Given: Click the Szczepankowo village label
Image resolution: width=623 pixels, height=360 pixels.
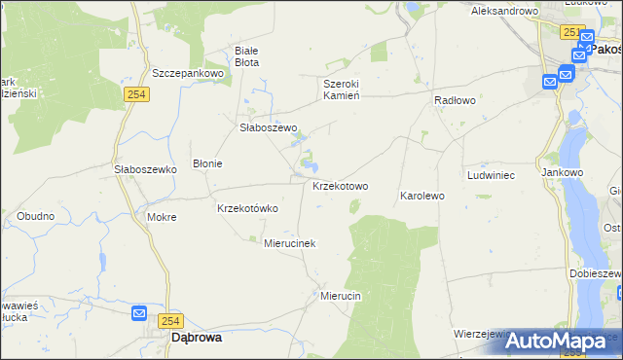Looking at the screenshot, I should point(188,73).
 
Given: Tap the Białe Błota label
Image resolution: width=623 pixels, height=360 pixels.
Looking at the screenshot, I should point(247,55).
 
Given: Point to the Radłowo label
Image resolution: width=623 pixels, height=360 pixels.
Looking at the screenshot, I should point(455,100).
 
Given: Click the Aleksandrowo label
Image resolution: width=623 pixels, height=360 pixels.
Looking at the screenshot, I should point(504,11).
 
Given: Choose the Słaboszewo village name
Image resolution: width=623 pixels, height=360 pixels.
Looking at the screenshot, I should point(268,127).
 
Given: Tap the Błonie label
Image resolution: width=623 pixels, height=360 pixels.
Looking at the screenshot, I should point(207,163).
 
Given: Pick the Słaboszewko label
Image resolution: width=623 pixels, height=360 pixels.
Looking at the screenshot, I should point(144,168).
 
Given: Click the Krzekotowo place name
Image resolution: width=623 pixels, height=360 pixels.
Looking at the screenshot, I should point(340,186).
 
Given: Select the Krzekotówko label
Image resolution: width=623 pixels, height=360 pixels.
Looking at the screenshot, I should point(247,208).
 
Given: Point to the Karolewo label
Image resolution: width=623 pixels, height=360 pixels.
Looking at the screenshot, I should point(421,196).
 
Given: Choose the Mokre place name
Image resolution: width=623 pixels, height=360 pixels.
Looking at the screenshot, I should point(162,217).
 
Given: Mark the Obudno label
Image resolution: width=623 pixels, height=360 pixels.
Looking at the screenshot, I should point(35,215).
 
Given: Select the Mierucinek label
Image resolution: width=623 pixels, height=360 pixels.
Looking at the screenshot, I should point(290,243).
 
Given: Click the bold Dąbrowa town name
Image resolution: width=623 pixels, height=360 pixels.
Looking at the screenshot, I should point(196,338).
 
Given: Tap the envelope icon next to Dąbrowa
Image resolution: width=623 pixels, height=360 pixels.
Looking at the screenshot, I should point(139,313).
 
